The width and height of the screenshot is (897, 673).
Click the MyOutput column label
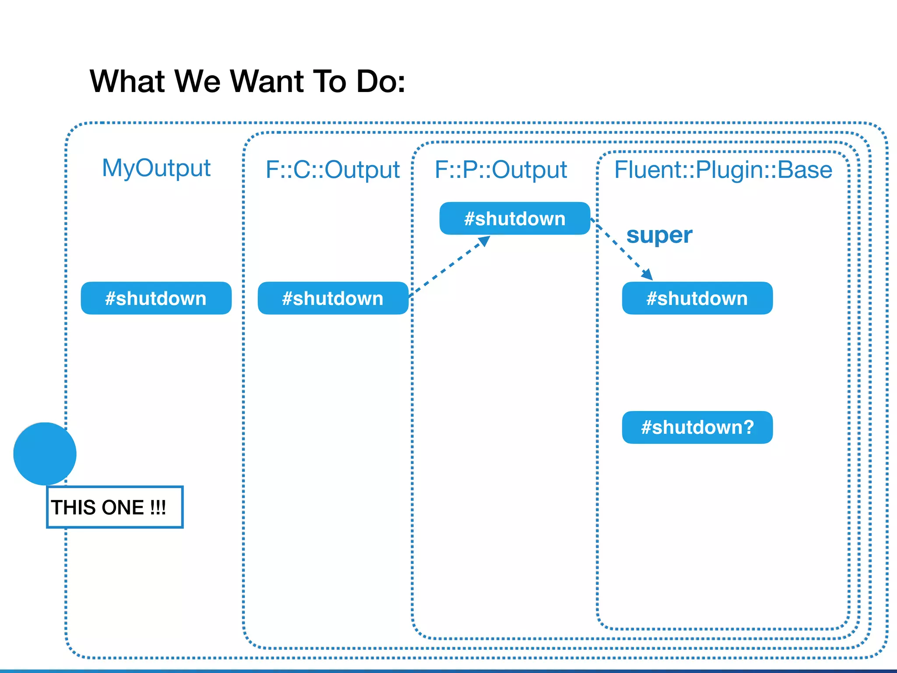pyautogui.click(x=156, y=168)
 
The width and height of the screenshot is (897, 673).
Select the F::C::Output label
pyautogui.click(x=332, y=170)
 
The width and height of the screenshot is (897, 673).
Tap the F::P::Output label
pyautogui.click(x=501, y=170)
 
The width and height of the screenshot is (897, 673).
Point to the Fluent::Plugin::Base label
pyautogui.click(x=723, y=170)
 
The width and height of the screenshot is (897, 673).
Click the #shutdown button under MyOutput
pyautogui.click(x=156, y=298)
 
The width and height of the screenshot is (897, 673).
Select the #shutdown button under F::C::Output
pyautogui.click(x=333, y=298)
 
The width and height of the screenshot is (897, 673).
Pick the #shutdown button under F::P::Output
pyautogui.click(x=515, y=219)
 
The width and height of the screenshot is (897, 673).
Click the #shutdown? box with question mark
pyautogui.click(x=697, y=427)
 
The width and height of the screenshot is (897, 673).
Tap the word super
pyautogui.click(x=659, y=236)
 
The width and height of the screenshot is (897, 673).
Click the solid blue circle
pyautogui.click(x=45, y=453)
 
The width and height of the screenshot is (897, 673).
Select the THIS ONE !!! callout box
pyautogui.click(x=115, y=507)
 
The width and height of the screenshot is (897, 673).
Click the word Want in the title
pyautogui.click(x=267, y=81)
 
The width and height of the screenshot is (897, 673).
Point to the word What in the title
pyautogui.click(x=127, y=81)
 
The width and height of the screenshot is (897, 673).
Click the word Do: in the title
pyautogui.click(x=381, y=81)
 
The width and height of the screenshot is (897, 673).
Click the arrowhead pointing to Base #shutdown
pyautogui.click(x=647, y=275)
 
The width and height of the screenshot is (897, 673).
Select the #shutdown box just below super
pyautogui.click(x=697, y=298)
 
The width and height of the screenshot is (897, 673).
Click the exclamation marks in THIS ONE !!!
pyautogui.click(x=158, y=507)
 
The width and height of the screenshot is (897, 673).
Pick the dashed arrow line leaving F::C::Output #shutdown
pyautogui.click(x=447, y=268)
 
